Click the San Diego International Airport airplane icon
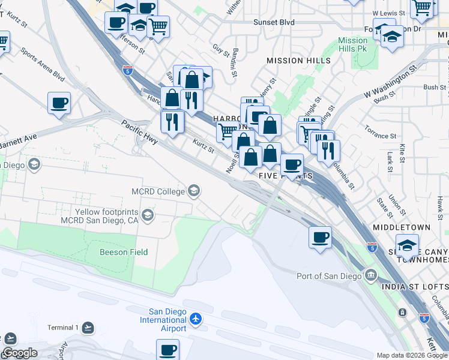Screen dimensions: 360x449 (196, 320)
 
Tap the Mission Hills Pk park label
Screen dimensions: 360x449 (353, 44)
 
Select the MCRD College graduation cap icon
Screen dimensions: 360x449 (193, 191)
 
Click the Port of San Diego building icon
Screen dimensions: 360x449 (371, 276)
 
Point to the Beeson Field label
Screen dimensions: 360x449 (124, 252)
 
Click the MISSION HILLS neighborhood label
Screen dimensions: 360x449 (298, 61)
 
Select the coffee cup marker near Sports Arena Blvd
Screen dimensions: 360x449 (59, 103)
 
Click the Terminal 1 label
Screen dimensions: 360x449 (63, 328)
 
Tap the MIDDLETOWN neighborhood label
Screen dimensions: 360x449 (402, 228)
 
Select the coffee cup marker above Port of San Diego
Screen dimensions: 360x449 (320, 237)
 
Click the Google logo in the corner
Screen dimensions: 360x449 (20, 353)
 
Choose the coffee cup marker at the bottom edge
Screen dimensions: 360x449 (168, 349)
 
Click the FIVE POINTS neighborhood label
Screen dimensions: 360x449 (285, 175)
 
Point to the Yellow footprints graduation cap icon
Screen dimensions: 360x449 (147, 214)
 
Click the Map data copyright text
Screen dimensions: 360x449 (412, 355)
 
